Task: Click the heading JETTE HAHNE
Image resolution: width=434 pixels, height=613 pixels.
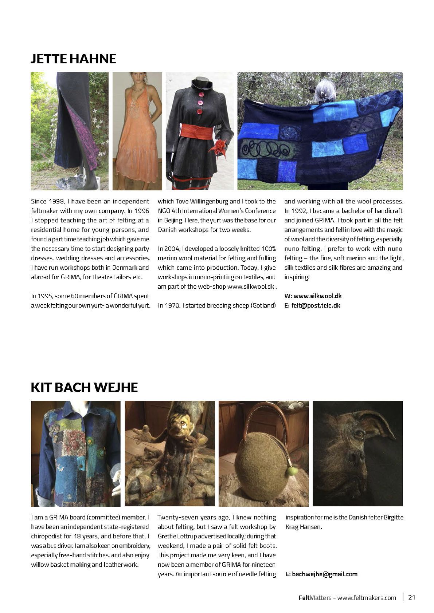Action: [x=73, y=59]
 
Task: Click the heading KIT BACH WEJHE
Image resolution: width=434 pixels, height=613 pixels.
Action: [x=84, y=387]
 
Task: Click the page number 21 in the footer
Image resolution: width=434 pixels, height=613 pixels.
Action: [x=412, y=597]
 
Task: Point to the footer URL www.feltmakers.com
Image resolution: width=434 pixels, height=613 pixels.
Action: [x=367, y=598]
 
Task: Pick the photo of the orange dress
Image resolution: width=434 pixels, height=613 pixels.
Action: [x=137, y=131]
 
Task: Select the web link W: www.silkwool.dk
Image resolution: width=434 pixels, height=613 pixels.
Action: [x=313, y=296]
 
